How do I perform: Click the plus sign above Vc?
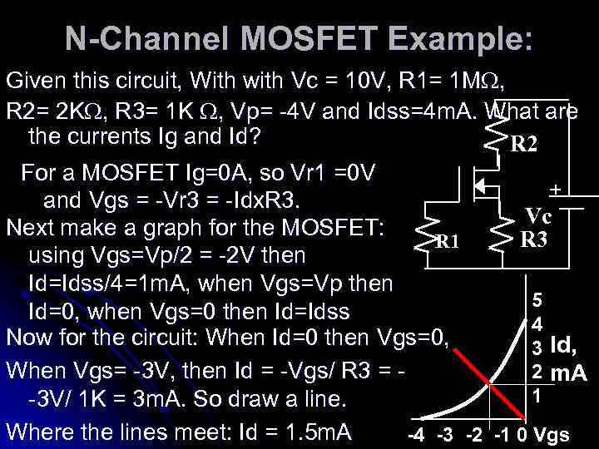coord(555,191)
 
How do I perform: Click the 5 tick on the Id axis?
coord(537,299)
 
